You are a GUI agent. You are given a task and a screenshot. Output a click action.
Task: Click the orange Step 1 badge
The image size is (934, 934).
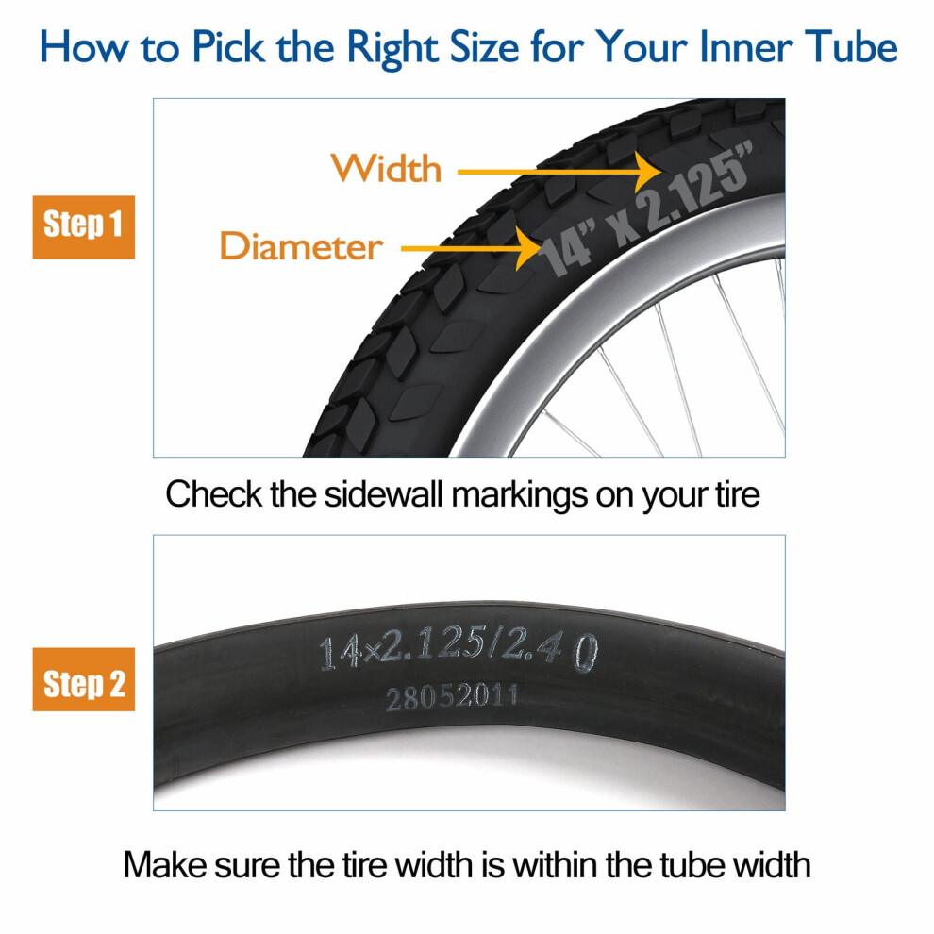click(83, 227)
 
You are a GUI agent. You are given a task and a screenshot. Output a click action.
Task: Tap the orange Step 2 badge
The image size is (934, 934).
click(83, 679)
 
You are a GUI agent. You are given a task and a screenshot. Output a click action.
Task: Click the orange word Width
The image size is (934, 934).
click(386, 169)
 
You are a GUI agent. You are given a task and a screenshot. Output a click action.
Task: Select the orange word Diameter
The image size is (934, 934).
click(301, 246)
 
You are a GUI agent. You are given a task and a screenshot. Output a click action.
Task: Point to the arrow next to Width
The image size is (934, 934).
click(559, 172)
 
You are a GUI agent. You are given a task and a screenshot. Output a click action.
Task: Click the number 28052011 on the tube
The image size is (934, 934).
click(452, 697)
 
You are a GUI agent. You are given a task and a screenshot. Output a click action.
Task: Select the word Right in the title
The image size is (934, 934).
click(392, 48)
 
